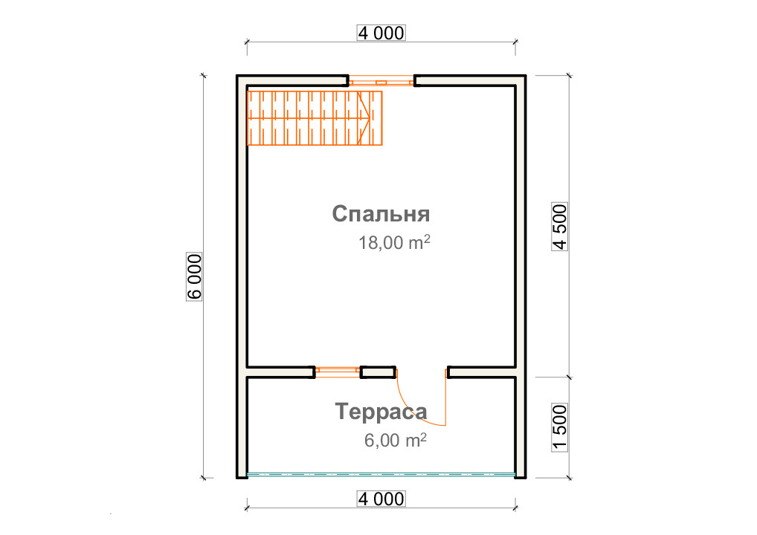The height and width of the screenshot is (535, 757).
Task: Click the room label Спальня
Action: pos(381,214)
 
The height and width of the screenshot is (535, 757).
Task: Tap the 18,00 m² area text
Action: pos(394,242)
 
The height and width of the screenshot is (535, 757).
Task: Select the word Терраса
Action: pos(381,412)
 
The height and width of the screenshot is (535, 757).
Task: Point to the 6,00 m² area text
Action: pos(396,440)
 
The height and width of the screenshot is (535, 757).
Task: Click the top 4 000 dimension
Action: pos(381,33)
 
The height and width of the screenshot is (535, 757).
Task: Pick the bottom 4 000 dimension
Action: pos(381,499)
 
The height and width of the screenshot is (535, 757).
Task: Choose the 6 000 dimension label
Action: pos(194,276)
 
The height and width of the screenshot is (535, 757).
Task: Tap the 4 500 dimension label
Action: pos(559,227)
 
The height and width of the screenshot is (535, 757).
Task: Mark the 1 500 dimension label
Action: pos(559,428)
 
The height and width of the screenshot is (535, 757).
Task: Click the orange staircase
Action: pos(315,118)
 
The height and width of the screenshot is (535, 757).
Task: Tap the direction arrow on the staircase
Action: pos(364,118)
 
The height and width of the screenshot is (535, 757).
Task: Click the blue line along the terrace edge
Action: pos(381,475)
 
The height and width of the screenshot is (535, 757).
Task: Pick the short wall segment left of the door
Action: pos(378,372)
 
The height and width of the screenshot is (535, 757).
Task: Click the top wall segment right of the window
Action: pos(470,80)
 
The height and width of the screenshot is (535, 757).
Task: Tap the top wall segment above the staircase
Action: pos(292,80)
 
